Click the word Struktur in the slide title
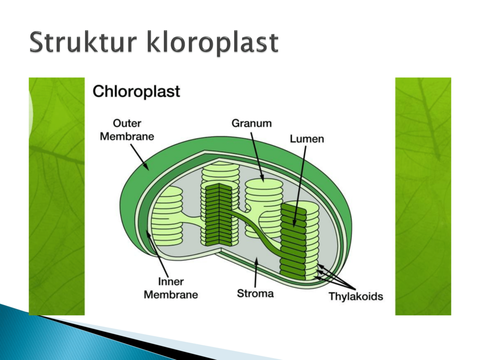(82, 42)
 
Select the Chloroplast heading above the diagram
(136, 91)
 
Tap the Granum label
(252, 123)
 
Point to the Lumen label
(307, 139)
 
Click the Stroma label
(255, 293)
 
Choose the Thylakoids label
(356, 296)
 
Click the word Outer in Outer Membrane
(127, 123)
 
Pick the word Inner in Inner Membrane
(171, 281)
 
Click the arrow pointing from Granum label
(257, 157)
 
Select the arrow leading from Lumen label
(300, 187)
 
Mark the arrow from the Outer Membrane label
(140, 157)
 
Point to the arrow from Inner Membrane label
(157, 254)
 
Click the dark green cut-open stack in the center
(218, 215)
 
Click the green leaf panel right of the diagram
(423, 196)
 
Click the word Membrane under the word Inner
(171, 294)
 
